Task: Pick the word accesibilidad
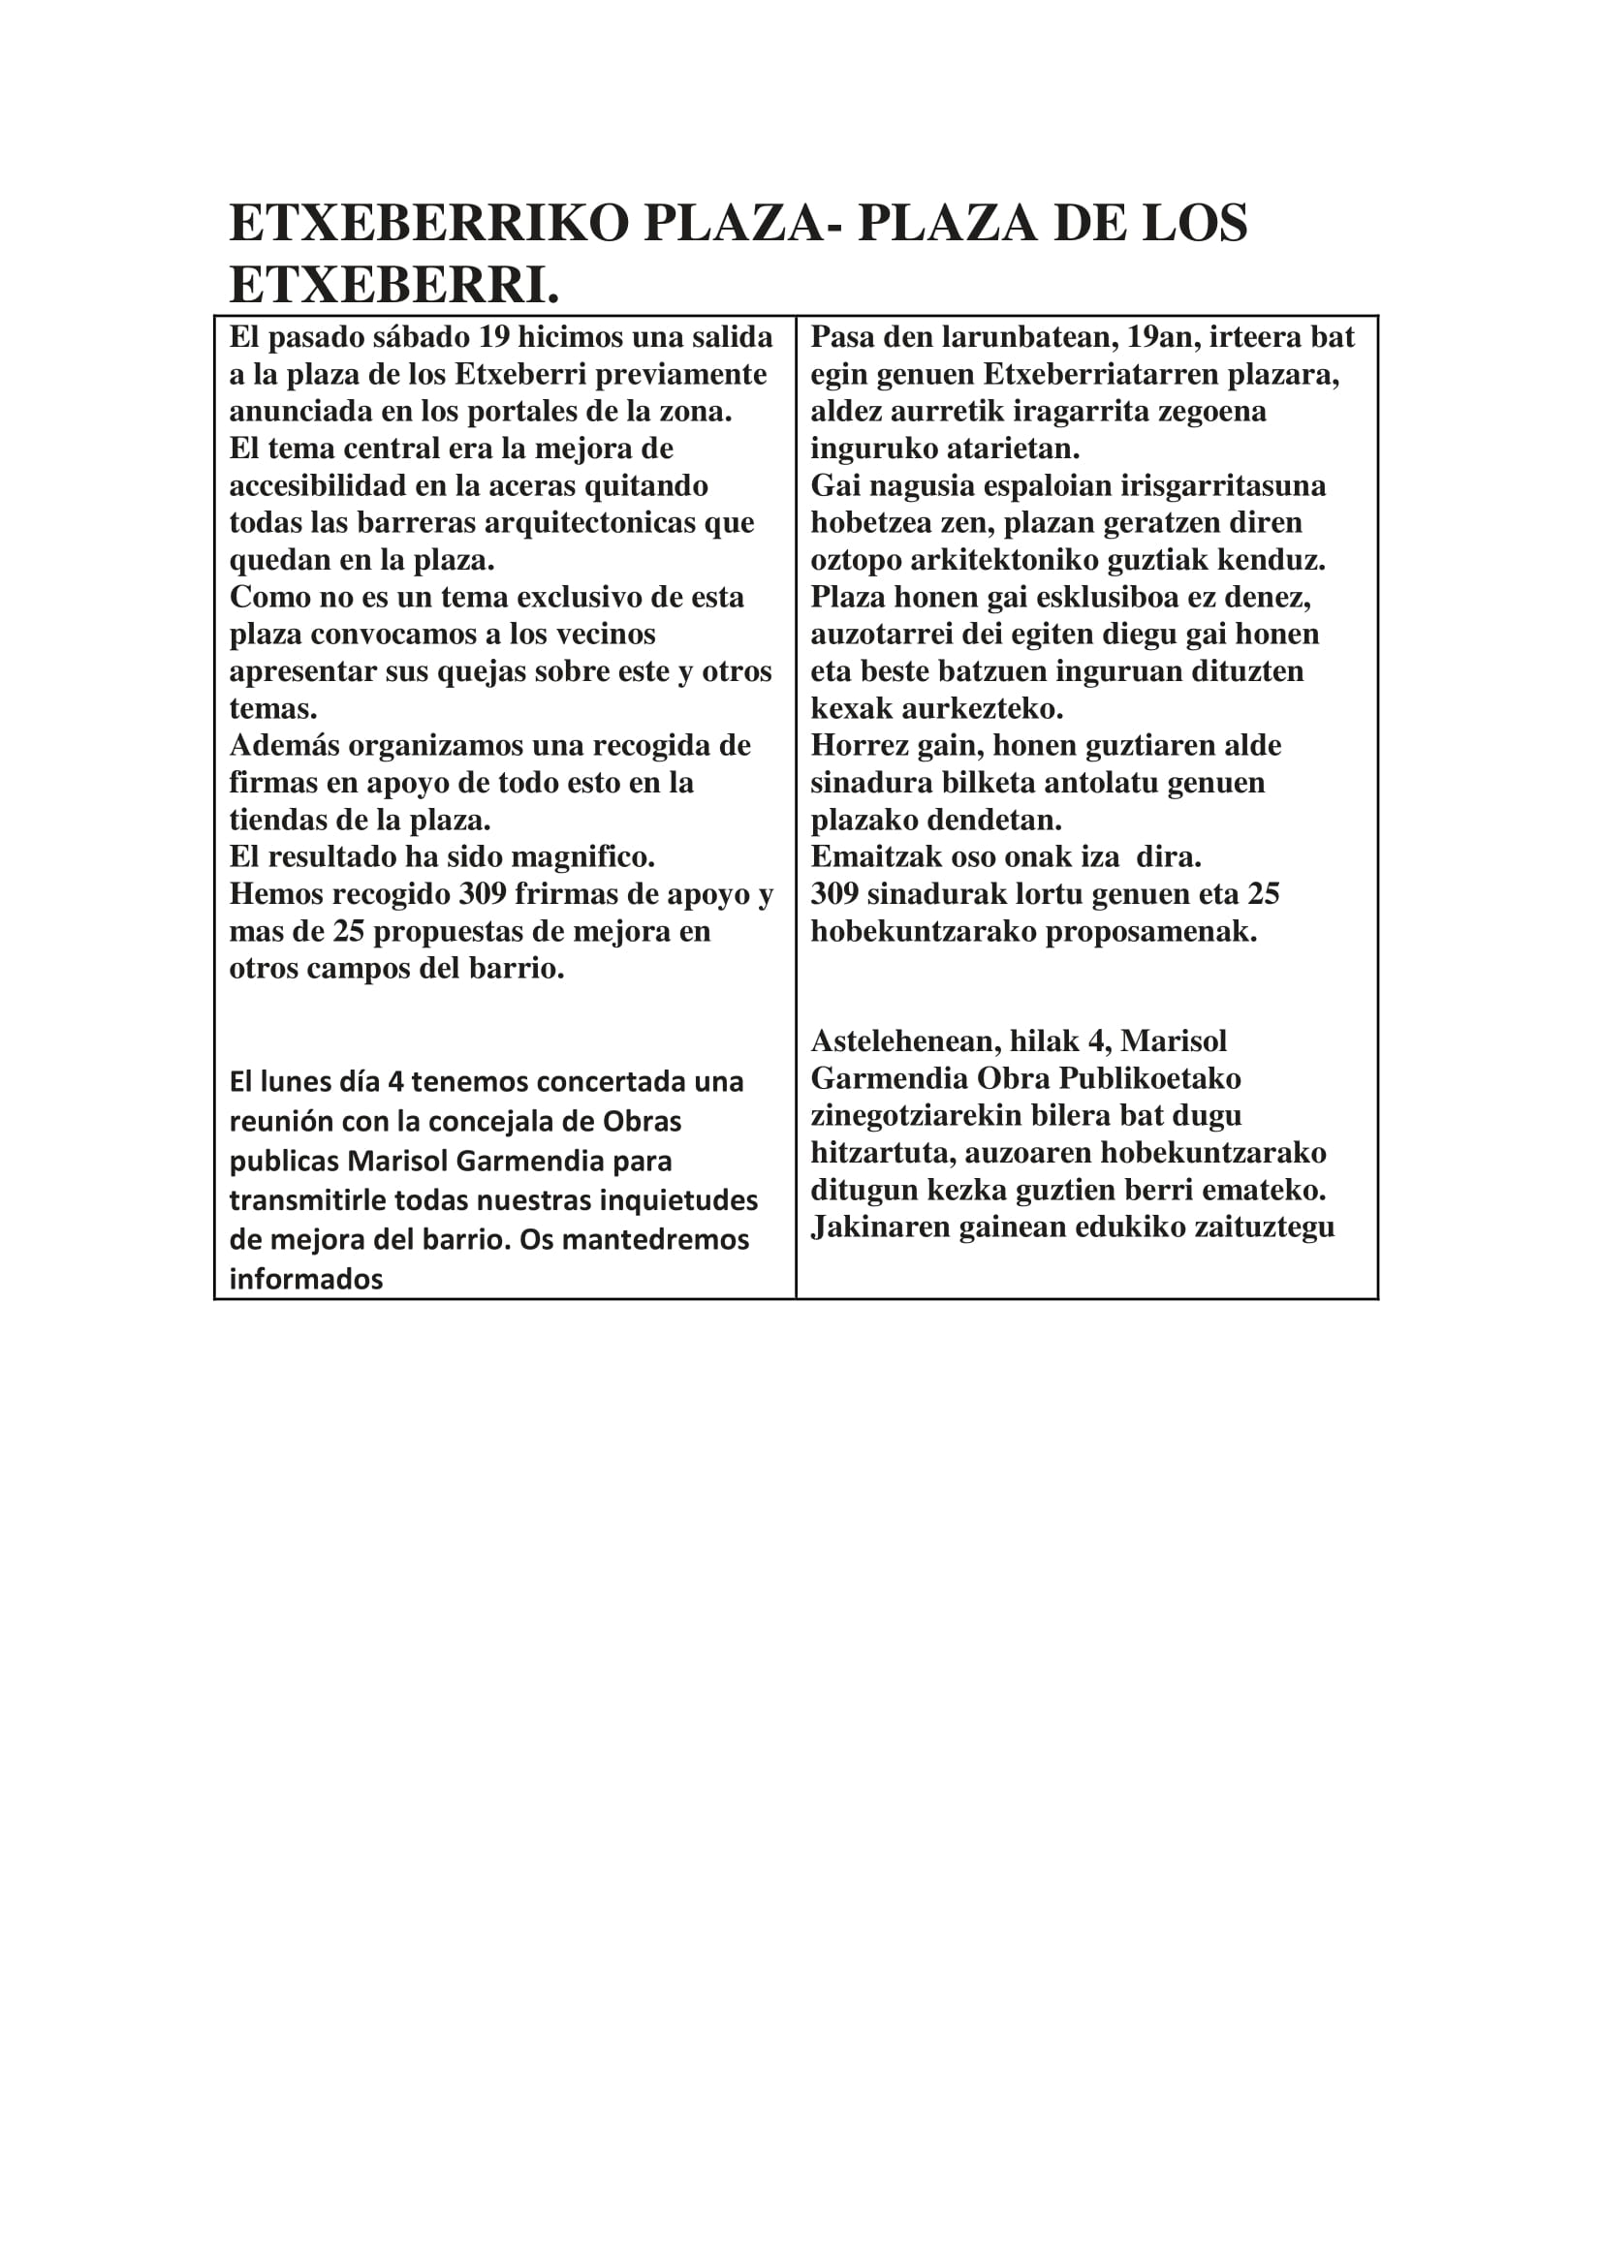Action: click(317, 485)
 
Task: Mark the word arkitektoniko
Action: click(1006, 561)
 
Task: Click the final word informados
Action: click(306, 1280)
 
